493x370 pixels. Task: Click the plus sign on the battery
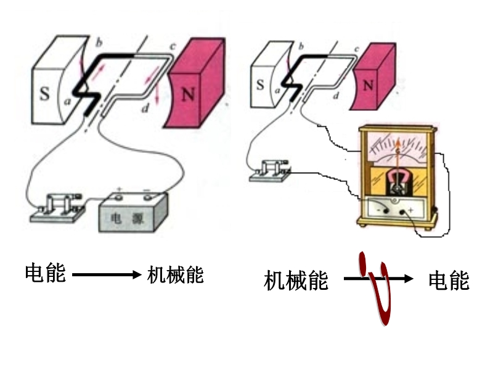pyautogui.click(x=120, y=189)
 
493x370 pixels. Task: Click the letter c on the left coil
pyautogui.click(x=173, y=46)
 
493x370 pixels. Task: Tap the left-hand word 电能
pyautogui.click(x=45, y=273)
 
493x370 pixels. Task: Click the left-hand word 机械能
pyautogui.click(x=176, y=274)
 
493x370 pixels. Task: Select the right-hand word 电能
pyautogui.click(x=449, y=281)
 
